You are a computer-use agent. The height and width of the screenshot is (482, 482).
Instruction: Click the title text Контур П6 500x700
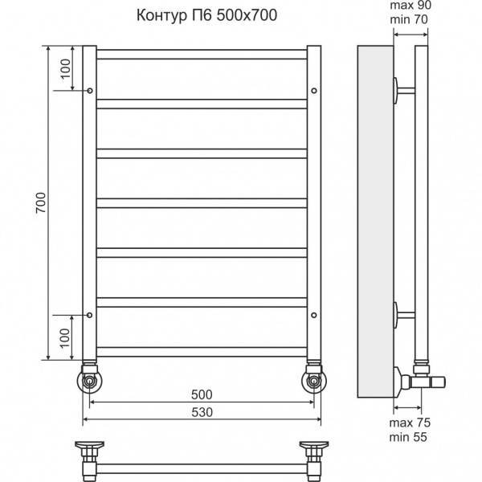[206, 15]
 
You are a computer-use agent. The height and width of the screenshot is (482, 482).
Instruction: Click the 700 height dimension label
[41, 203]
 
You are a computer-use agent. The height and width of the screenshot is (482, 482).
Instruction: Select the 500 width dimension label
[202, 394]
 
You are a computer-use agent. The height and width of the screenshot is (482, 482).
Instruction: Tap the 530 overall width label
[202, 412]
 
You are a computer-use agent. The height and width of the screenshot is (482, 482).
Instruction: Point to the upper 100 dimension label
[66, 69]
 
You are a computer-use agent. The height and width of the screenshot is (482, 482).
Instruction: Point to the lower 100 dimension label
[65, 338]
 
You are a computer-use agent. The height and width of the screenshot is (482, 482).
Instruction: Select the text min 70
[409, 19]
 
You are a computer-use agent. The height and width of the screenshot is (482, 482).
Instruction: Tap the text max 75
[410, 423]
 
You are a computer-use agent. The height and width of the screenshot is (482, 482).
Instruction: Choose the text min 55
[408, 437]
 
